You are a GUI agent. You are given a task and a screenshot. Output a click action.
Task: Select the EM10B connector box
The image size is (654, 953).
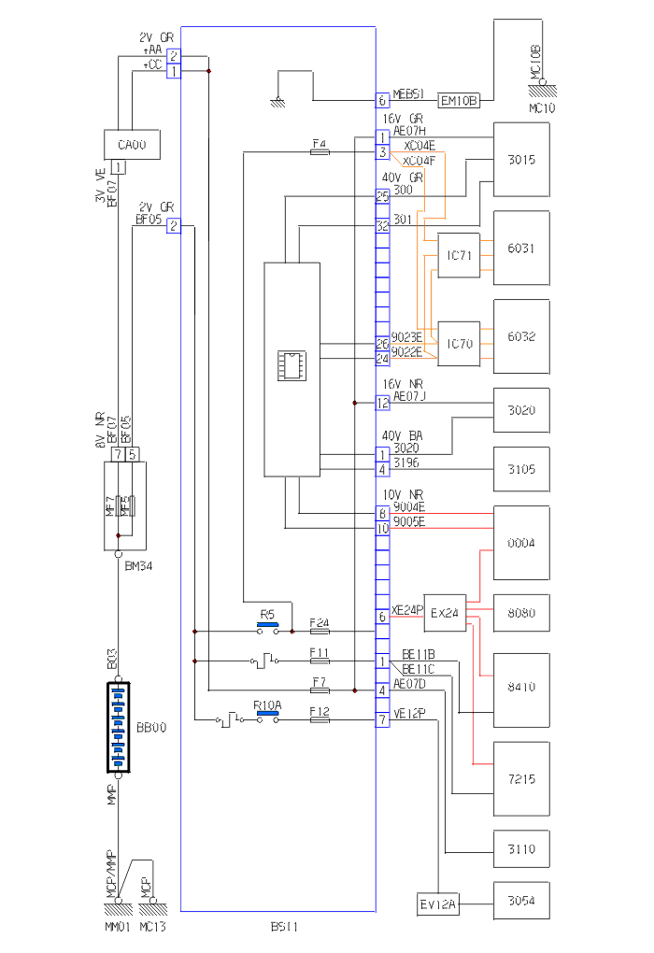[459, 99]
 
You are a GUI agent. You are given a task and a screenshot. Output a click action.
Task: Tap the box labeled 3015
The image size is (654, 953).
[521, 159]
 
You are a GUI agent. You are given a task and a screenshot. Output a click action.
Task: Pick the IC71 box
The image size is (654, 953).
[458, 255]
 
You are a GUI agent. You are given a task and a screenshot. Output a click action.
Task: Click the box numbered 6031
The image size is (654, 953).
[521, 248]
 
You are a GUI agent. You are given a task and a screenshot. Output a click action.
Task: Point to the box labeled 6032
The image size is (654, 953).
[521, 336]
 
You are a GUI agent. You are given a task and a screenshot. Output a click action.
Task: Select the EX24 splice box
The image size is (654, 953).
[446, 612]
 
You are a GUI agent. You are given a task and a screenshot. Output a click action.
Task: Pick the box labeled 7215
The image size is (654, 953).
[521, 778]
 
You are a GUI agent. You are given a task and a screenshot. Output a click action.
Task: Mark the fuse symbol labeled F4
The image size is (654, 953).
[319, 150]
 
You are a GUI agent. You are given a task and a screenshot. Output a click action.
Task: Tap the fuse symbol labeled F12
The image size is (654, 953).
[319, 720]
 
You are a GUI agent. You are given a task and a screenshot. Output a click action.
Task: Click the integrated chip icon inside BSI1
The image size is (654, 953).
[291, 365]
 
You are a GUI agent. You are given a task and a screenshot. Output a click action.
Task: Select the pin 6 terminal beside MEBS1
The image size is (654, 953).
[382, 99]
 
